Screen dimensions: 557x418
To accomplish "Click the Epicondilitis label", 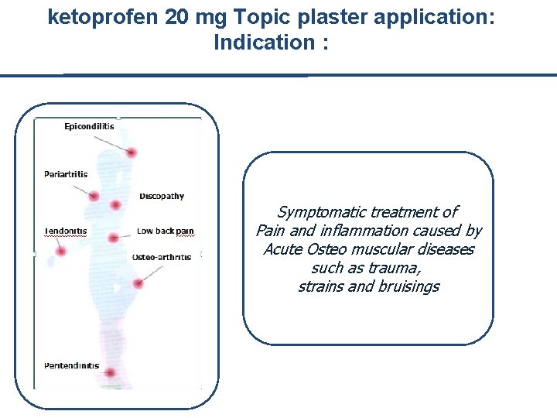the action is click(89, 126).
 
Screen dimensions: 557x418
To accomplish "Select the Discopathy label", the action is click(162, 196).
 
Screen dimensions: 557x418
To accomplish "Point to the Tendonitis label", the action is click(66, 231).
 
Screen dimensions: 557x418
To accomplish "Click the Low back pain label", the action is click(165, 231).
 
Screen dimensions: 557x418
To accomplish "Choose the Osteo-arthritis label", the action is click(161, 257).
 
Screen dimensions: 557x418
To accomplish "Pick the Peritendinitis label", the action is click(71, 365).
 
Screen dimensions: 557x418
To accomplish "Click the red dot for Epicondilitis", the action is click(132, 152).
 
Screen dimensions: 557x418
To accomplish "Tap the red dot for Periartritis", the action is click(94, 197).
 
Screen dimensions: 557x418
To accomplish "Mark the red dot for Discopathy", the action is click(115, 205).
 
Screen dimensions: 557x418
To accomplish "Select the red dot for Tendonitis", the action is click(61, 251).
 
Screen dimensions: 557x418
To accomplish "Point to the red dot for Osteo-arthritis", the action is click(138, 284).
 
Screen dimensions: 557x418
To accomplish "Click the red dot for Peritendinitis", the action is click(110, 373).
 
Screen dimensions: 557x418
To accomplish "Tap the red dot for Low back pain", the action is click(113, 238).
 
